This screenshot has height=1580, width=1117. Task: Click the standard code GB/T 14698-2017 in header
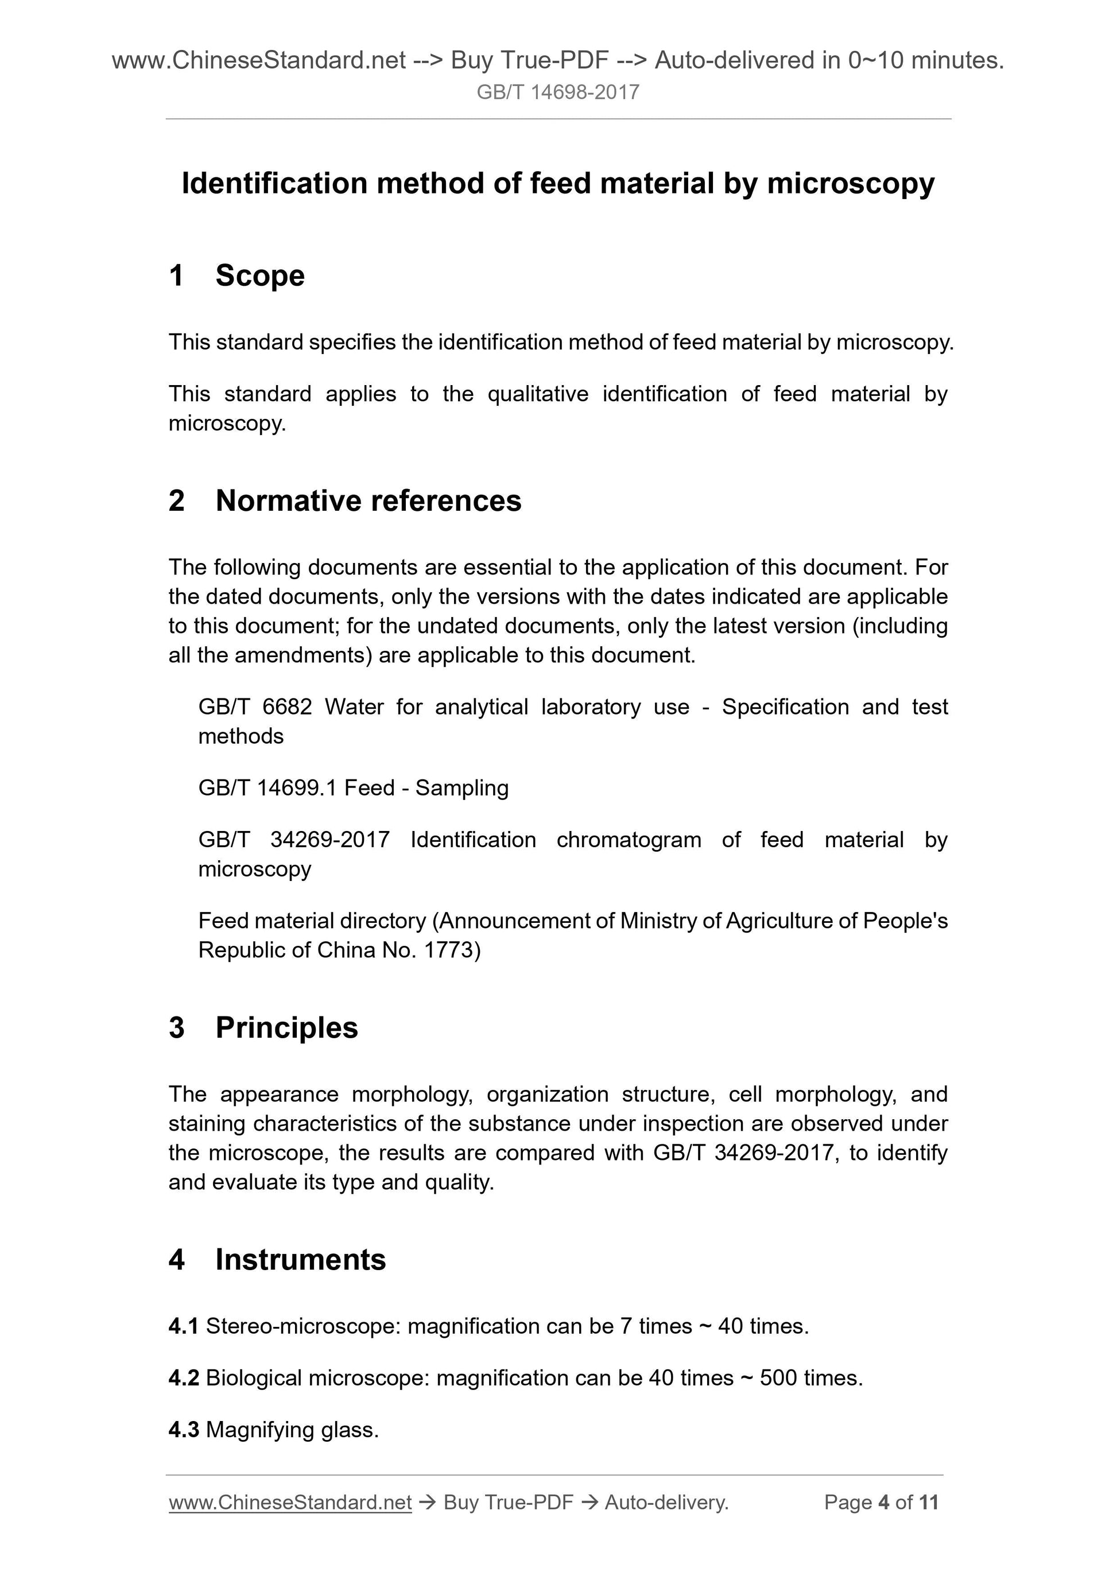557,92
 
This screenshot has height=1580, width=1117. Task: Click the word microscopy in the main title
851,184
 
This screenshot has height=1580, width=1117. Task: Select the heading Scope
259,276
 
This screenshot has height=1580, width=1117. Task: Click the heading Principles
286,1028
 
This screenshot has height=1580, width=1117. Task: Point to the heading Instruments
300,1260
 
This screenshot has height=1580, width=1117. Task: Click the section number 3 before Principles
177,1028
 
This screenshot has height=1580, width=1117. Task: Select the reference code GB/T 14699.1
267,788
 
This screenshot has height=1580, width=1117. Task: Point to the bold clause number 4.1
183,1327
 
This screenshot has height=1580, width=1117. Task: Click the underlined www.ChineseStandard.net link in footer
290,1503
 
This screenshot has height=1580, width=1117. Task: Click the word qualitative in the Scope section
537,394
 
